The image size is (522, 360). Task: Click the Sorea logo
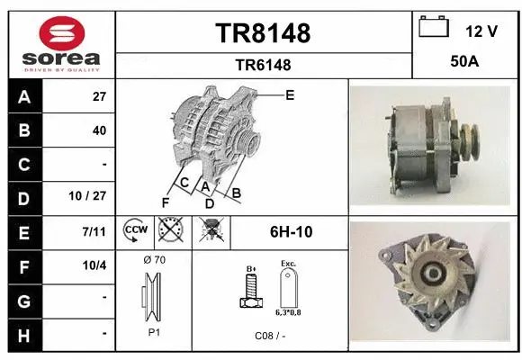tap(61, 43)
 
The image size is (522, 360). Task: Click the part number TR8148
tap(263, 34)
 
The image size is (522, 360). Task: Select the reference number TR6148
tap(263, 65)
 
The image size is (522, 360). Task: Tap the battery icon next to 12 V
tap(434, 29)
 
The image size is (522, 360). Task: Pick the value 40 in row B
tap(99, 130)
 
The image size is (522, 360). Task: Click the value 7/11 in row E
tap(94, 232)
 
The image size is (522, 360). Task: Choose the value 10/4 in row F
tap(94, 265)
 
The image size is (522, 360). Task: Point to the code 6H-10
tap(291, 232)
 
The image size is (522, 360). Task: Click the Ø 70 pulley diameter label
tap(154, 260)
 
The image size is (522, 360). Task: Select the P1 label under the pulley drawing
tap(154, 332)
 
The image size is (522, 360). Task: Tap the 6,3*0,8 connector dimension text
tap(288, 311)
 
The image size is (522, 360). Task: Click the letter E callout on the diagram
tap(289, 94)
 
